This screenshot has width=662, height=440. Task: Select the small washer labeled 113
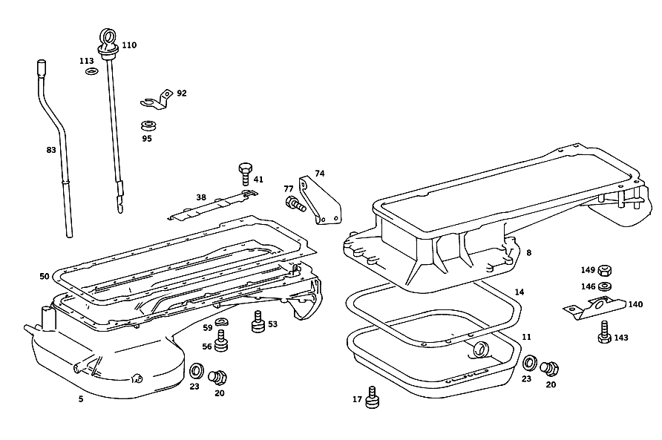click(91, 71)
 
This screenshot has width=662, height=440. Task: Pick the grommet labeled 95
click(148, 126)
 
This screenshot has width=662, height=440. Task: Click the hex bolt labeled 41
click(246, 174)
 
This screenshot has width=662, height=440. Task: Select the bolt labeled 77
click(295, 205)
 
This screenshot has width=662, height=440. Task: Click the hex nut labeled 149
click(605, 270)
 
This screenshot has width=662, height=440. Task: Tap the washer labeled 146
click(605, 286)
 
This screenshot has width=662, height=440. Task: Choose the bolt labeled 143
click(605, 332)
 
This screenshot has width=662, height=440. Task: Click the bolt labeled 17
click(372, 398)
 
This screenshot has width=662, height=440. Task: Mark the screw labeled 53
click(258, 322)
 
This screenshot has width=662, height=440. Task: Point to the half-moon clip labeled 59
click(222, 322)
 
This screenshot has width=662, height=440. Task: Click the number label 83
click(51, 150)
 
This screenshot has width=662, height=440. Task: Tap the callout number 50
click(45, 276)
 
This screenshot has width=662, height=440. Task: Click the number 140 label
click(635, 304)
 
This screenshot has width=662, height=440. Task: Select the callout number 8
click(529, 252)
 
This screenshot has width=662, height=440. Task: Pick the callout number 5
click(81, 398)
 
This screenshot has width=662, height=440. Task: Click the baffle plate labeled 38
click(213, 206)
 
